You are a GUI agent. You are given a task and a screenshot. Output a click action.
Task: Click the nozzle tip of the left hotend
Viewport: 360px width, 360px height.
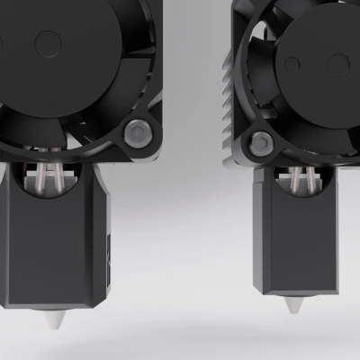point(51,321)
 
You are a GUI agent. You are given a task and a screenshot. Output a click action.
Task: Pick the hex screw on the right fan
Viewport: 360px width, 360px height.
point(260,141)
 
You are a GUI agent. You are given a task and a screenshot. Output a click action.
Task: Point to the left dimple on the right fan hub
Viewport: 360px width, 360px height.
point(292,65)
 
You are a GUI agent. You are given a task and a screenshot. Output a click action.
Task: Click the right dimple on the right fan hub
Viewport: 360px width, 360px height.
point(339,63)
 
